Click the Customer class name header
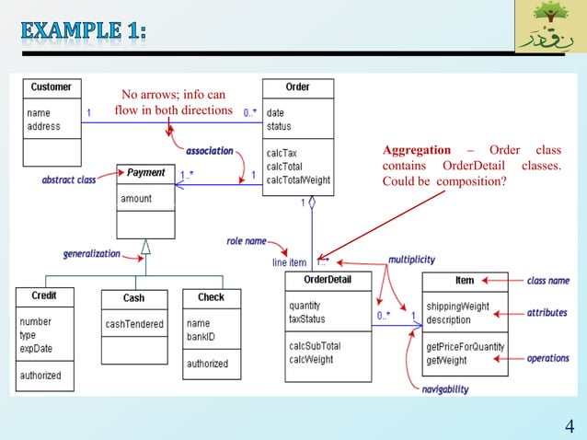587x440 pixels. point(51,87)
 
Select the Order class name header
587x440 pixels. point(297,87)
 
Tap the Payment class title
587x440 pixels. point(146,172)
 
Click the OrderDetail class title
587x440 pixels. point(327,280)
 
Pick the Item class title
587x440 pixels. point(465,280)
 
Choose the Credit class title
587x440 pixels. point(44,296)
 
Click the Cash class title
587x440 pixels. point(133,298)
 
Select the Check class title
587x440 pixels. point(211,296)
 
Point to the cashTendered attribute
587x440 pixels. point(134,324)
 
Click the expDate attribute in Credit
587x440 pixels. point(36,348)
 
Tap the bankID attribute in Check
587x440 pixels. point(200,336)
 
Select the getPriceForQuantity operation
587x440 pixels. point(465,347)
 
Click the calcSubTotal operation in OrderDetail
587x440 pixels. point(315,346)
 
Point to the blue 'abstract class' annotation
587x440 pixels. point(69,180)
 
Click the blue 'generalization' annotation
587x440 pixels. point(91,253)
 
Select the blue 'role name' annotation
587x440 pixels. point(246,241)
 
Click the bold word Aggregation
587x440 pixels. point(417,150)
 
